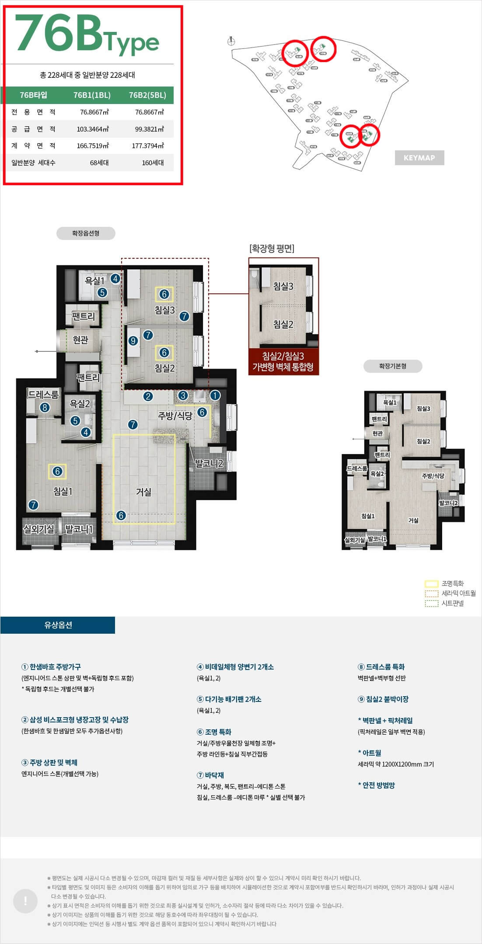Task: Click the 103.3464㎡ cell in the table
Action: (93, 129)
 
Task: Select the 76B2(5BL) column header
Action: (147, 95)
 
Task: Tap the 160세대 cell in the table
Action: (153, 163)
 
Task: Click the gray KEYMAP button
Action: (419, 158)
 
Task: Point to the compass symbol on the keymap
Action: (231, 41)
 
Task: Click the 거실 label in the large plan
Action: (143, 492)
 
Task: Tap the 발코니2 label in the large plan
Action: (209, 464)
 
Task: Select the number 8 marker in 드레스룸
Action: (45, 408)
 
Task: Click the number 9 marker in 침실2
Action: (133, 341)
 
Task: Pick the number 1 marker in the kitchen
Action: (215, 396)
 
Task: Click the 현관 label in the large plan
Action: (80, 340)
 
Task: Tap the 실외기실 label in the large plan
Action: (39, 529)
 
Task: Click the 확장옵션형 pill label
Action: (86, 233)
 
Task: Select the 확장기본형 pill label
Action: (392, 366)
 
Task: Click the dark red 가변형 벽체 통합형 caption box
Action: (283, 361)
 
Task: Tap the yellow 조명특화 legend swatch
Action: (431, 584)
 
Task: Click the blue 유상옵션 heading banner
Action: (58, 625)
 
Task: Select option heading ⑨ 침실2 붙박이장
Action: (383, 699)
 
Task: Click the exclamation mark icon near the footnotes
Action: (25, 901)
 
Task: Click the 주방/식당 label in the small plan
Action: (433, 476)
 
